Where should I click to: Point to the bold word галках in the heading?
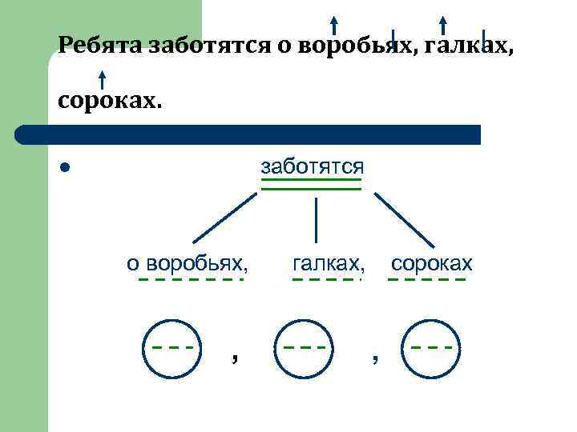[470, 44]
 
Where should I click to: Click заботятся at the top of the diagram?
[312, 166]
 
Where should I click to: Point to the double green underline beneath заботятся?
[312, 186]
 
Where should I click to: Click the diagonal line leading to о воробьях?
[224, 218]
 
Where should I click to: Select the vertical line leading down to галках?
[317, 219]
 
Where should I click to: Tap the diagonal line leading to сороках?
[405, 219]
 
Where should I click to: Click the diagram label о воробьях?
[188, 262]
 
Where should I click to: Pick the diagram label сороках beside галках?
[431, 262]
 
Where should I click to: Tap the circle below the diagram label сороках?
[431, 348]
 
